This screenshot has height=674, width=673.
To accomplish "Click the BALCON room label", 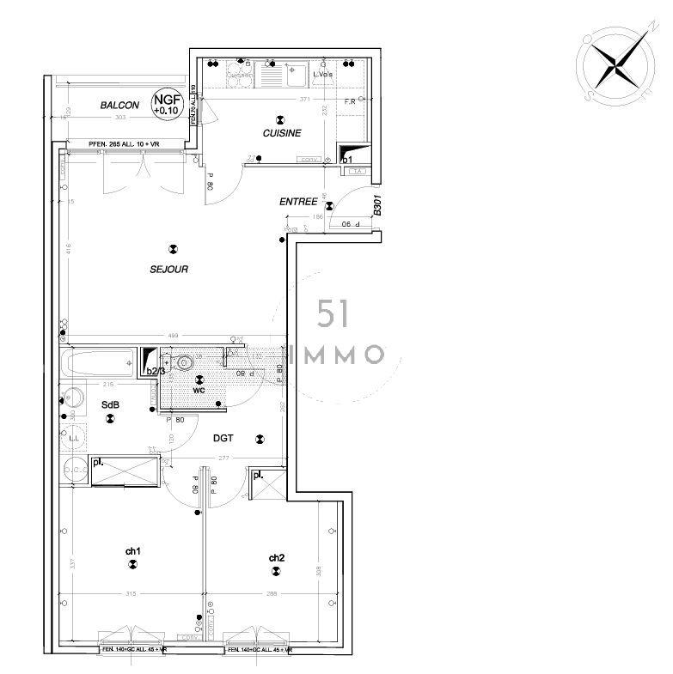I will point(119,106).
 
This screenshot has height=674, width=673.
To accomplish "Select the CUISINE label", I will point(282,133).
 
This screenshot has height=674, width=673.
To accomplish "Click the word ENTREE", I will point(298,202).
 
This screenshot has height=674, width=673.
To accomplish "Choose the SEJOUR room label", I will point(168,269).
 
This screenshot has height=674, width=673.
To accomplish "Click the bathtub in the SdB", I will point(98,361).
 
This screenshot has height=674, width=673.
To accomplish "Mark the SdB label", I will point(110,404).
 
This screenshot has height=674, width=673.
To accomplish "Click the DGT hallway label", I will point(223,438).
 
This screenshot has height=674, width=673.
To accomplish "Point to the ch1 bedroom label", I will point(132,550).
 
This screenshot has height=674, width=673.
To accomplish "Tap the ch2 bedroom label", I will point(276,558).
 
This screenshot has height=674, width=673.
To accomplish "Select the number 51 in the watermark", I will point(333,313).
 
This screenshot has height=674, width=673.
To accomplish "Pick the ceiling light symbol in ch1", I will point(132,564).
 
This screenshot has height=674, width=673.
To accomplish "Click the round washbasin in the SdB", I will point(73,398).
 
